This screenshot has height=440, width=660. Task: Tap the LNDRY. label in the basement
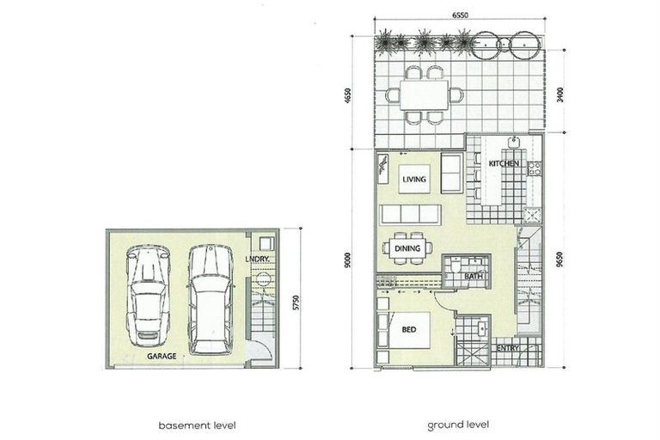(258, 258)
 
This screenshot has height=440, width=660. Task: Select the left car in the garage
(147, 292)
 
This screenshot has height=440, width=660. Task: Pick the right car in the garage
(211, 298)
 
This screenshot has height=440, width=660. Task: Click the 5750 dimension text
(295, 302)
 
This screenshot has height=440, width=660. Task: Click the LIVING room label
(415, 178)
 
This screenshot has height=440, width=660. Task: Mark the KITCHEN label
(503, 163)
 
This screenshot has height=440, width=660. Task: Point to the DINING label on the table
(407, 249)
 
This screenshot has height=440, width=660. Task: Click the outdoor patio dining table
(423, 95)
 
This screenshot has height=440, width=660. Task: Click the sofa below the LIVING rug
(410, 215)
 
